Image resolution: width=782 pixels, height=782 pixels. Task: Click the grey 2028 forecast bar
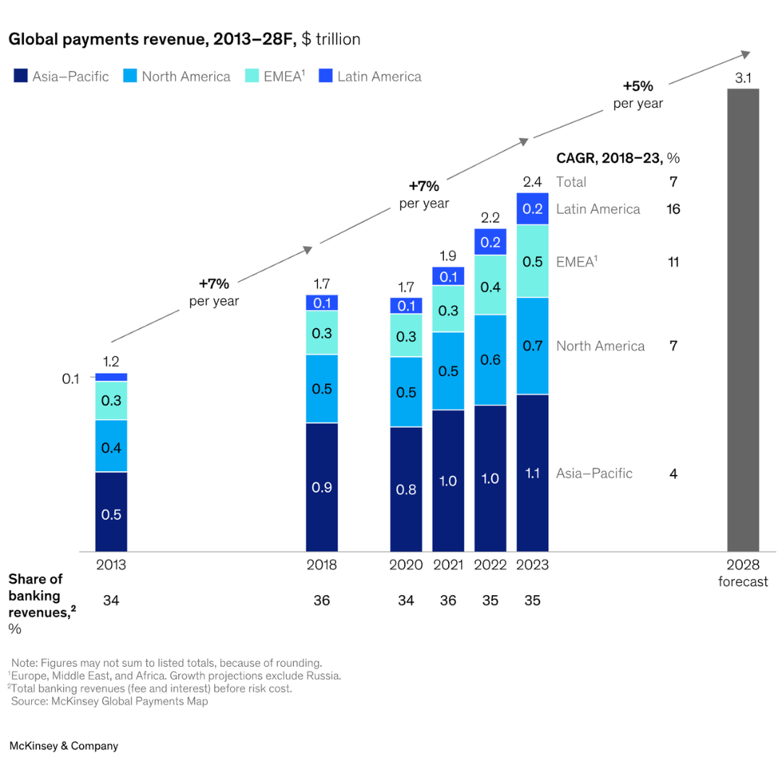pos(743,319)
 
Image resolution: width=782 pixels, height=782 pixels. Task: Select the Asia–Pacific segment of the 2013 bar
pos(111,511)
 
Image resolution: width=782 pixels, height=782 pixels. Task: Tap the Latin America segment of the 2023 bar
pos(532,209)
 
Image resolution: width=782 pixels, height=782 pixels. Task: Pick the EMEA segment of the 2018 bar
pos(321,332)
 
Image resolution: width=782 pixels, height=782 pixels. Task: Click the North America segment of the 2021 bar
pos(448,371)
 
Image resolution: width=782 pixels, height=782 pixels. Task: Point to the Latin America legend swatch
pos(325,76)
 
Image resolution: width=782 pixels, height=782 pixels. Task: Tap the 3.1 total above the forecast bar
pos(743,78)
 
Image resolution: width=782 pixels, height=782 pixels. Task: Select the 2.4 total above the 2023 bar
pos(532,182)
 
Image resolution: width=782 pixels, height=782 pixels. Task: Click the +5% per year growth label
pos(638,95)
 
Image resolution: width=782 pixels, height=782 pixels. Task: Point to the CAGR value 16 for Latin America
pos(673,209)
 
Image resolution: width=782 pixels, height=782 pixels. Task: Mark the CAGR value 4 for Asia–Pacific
pos(673,474)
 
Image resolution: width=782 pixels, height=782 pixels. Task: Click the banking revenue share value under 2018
pos(321,600)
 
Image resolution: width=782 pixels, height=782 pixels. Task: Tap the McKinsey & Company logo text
pos(64,746)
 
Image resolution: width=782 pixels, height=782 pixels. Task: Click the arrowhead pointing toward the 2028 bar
pos(744,54)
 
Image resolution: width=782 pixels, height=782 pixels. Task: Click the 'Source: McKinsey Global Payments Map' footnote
pos(109,701)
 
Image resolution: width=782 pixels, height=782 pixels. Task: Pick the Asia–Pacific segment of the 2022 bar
pos(490,478)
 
